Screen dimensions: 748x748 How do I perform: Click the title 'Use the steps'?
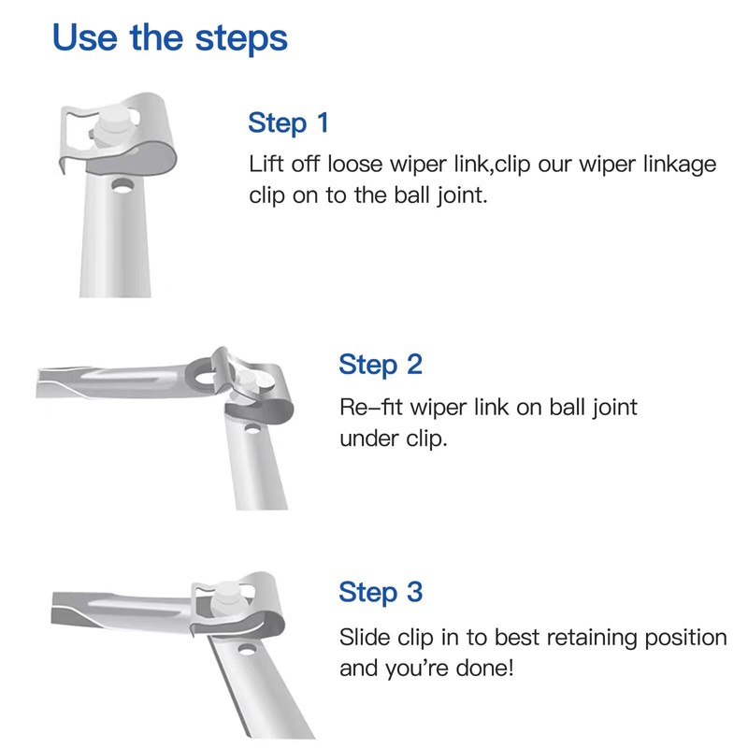click(170, 38)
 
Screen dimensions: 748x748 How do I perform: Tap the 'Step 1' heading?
click(289, 122)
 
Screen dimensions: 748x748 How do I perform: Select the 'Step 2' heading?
click(381, 365)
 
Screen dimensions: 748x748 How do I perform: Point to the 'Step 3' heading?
click(381, 592)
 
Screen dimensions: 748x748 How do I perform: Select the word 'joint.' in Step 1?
click(463, 196)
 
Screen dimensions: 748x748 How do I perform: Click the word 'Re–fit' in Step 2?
click(371, 408)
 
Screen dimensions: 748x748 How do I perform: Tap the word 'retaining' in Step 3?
click(591, 639)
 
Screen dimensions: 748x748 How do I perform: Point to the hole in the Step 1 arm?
click(122, 186)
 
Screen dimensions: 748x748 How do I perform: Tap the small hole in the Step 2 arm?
click(252, 429)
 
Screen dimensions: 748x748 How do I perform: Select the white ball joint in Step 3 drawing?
click(227, 597)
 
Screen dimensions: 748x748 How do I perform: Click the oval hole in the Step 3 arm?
click(247, 650)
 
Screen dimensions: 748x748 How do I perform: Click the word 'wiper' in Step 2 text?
click(438, 409)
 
